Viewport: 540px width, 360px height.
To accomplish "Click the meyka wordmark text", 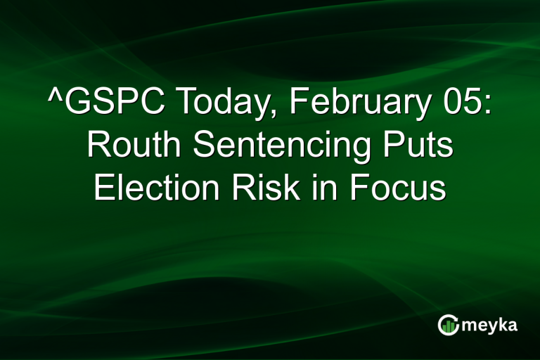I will point(491,325).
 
